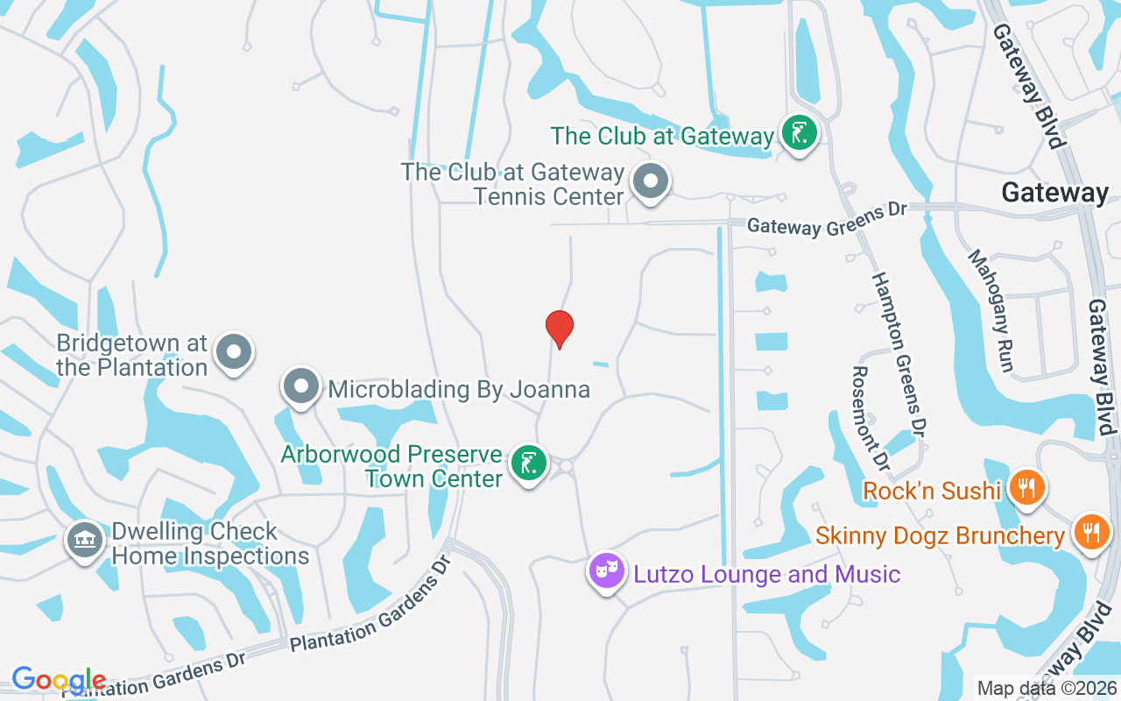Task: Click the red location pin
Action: (x=560, y=329)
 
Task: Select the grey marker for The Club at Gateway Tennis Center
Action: (x=650, y=182)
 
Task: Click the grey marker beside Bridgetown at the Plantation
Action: (x=233, y=352)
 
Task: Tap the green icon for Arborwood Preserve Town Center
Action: (x=528, y=463)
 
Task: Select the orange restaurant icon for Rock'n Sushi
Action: (x=1025, y=487)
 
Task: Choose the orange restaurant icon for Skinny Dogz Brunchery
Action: (x=1090, y=532)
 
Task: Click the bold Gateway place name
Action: (x=1054, y=193)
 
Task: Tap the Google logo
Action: (x=59, y=680)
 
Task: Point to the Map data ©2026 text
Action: (x=1046, y=688)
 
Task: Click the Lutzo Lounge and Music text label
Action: (x=766, y=575)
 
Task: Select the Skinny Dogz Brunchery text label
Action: (x=940, y=535)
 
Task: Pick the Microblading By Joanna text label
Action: (x=459, y=389)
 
